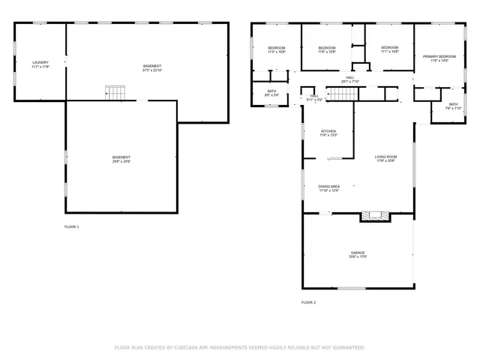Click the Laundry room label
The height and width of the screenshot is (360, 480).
pyautogui.click(x=40, y=64)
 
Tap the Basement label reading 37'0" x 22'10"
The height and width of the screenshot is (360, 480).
pyautogui.click(x=152, y=68)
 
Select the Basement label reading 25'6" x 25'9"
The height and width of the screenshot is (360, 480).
pyautogui.click(x=121, y=159)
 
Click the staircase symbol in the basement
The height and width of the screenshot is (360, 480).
pyautogui.click(x=115, y=93)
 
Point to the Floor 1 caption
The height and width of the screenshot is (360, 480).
pyautogui.click(x=71, y=226)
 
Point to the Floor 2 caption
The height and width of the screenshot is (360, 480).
pyautogui.click(x=309, y=302)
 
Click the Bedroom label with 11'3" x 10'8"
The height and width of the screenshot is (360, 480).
pyautogui.click(x=277, y=50)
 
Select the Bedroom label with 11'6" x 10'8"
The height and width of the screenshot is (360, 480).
pyautogui.click(x=326, y=50)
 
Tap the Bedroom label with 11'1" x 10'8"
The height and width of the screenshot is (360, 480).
pyautogui.click(x=390, y=50)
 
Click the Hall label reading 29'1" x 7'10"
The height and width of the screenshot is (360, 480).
pyautogui.click(x=350, y=79)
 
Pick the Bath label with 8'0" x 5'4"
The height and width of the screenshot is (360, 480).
pyautogui.click(x=271, y=93)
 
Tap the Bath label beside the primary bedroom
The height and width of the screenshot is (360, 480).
pyautogui.click(x=453, y=106)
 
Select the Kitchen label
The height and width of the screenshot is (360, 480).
pyautogui.click(x=328, y=133)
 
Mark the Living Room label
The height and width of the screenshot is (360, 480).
pyautogui.click(x=385, y=158)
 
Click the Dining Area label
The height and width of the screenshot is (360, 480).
pyautogui.click(x=329, y=188)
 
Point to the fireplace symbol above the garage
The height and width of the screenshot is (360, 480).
pyautogui.click(x=375, y=216)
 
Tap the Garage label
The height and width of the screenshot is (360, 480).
pyautogui.click(x=358, y=254)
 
